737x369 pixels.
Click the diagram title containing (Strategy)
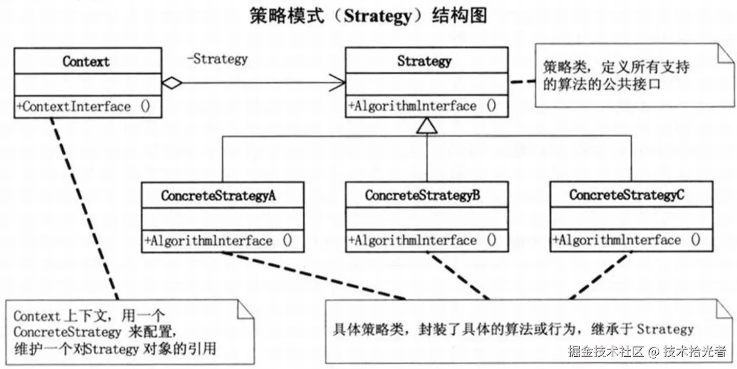click(x=368, y=16)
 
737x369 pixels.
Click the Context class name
click(x=86, y=62)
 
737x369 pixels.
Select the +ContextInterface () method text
click(x=83, y=107)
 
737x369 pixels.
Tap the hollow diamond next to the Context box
click(x=172, y=83)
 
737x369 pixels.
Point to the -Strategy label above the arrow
click(x=217, y=59)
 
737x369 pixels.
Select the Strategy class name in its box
click(x=424, y=61)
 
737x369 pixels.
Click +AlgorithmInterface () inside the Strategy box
click(x=422, y=106)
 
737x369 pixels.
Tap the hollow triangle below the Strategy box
click(x=427, y=126)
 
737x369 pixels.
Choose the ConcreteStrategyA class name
click(x=219, y=196)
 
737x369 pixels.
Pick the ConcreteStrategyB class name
click(x=422, y=196)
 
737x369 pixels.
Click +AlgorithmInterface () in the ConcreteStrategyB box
click(x=422, y=240)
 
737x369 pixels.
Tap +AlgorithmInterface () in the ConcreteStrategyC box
click(x=627, y=240)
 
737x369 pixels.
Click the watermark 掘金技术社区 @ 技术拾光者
click(x=647, y=352)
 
